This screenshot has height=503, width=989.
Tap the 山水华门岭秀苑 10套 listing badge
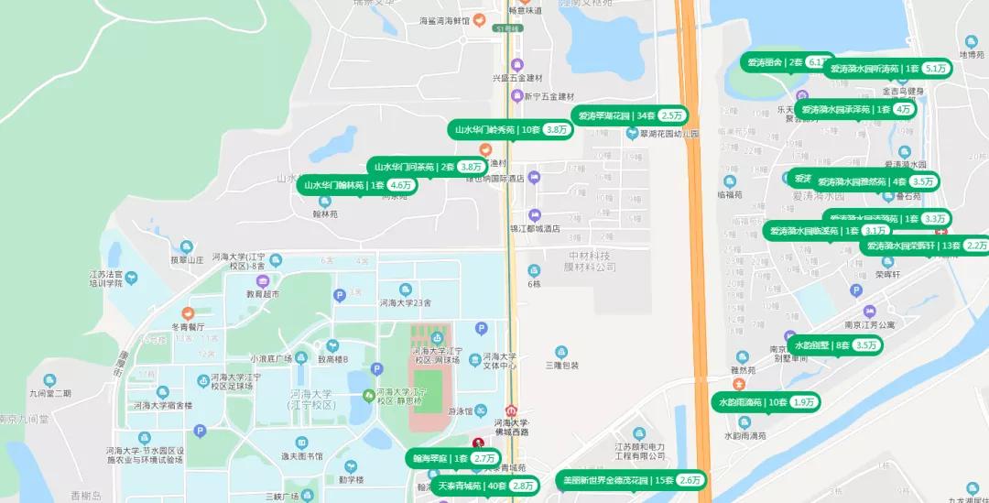tap(510, 130)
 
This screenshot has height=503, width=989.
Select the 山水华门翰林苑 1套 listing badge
tap(356, 185)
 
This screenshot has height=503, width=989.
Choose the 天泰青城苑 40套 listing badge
tap(485, 486)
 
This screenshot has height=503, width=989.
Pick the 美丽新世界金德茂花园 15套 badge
tap(631, 480)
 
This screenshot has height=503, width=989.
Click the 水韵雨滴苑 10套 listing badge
tap(766, 402)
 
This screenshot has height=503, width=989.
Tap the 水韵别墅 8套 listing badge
tap(835, 345)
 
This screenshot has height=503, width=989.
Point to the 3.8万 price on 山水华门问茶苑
tap(472, 167)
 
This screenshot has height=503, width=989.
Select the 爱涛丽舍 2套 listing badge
tap(788, 62)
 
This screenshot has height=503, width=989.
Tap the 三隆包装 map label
tap(560, 365)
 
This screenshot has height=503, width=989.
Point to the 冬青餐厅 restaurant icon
tap(188, 313)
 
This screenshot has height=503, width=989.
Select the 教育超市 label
tap(262, 295)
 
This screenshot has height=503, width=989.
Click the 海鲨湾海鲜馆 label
tap(444, 20)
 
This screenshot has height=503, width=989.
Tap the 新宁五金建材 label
tap(549, 96)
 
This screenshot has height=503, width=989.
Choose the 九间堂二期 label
tap(49, 393)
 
